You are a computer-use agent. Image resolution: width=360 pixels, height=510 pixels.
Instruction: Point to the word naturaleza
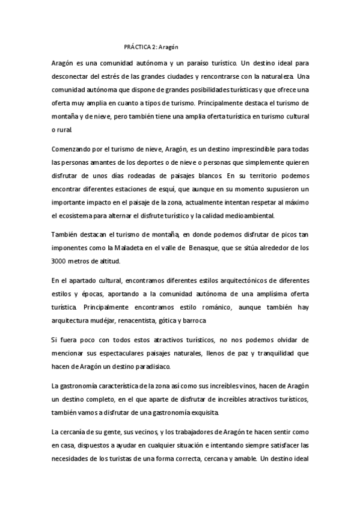(273, 76)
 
